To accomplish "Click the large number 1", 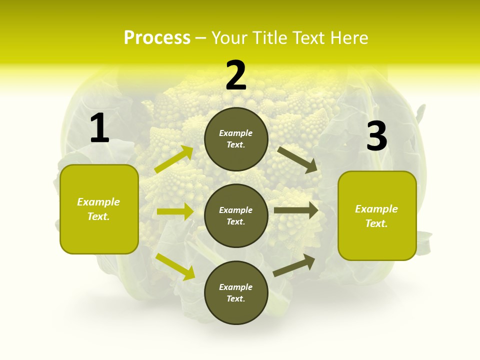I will coord(99,128).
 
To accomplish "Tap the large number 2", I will coord(236,75).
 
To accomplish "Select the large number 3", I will coord(376,136).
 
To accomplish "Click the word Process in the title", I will coord(157,37).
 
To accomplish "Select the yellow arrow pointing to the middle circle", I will coord(175,211).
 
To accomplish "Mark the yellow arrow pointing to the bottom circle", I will coord(175,266).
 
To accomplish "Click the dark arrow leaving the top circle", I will coord(297,159).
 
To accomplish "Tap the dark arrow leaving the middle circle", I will coord(296,210).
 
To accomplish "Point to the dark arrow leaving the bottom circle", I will coord(294,265).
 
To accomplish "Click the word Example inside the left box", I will coord(98,202).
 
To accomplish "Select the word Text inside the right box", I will coord(376,223).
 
